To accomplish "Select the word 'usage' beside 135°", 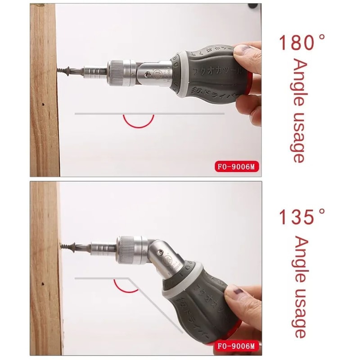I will coord(298,315).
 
